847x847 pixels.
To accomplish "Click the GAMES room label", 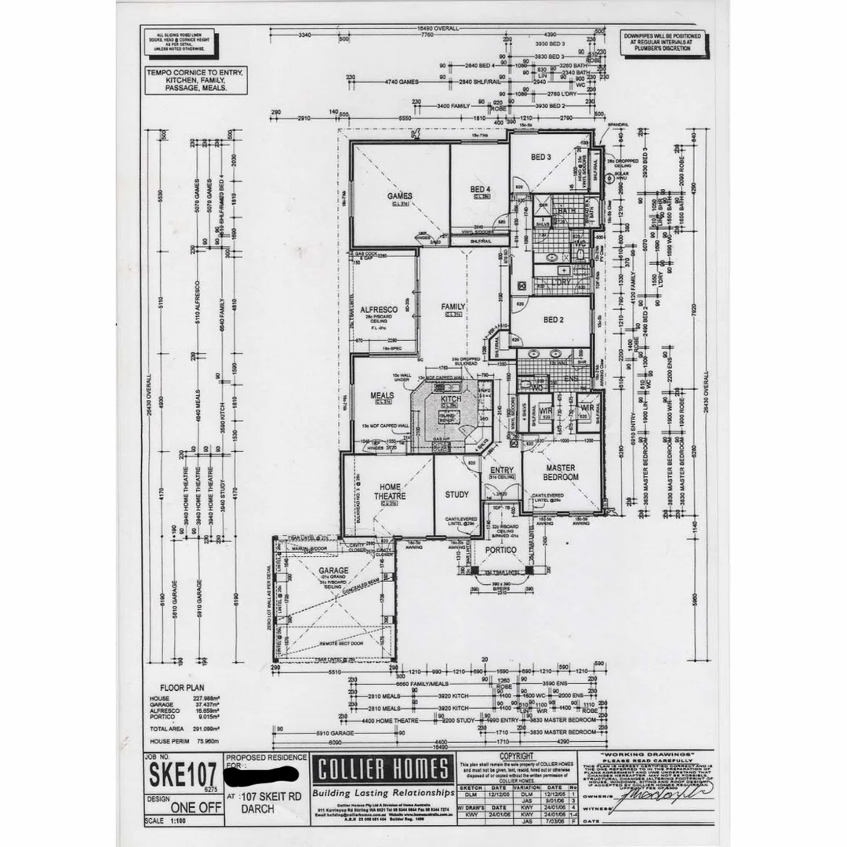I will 399,195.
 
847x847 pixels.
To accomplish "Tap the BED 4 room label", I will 480,190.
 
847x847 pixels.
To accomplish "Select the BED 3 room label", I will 540,158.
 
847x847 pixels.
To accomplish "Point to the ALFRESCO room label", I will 380,310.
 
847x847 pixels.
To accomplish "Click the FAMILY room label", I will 453,307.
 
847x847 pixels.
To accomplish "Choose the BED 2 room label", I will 553,319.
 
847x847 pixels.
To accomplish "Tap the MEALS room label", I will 382,395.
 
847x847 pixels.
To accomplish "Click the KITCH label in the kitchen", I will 451,399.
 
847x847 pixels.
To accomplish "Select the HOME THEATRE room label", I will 390,492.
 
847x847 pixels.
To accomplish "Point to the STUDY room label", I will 456,494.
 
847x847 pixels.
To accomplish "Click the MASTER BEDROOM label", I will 561,472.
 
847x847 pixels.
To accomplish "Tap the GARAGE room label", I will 333,570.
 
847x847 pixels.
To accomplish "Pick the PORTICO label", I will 500,550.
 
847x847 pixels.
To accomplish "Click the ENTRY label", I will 502,470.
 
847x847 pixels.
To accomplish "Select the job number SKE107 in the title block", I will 180,776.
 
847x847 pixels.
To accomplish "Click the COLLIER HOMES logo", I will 382,769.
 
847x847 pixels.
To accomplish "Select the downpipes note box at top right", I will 663,42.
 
